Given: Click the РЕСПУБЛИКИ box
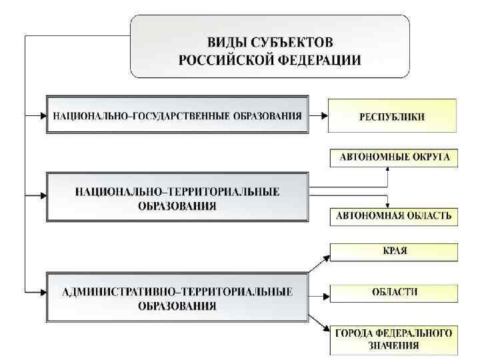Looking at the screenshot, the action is pos(392,116).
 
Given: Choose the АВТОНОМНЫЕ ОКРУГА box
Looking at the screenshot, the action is pos(395,158).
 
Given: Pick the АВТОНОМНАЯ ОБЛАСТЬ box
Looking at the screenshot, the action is pos(395,215).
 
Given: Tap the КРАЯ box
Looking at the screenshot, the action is pos(395,252).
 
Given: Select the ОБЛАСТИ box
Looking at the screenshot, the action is pos(395,292).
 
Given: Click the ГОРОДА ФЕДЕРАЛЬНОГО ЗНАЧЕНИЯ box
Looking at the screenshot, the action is pos(395,339).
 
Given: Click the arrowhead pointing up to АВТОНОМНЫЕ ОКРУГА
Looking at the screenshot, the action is pos(388,169).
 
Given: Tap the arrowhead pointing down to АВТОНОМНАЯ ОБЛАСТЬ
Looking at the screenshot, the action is pos(388,204).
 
